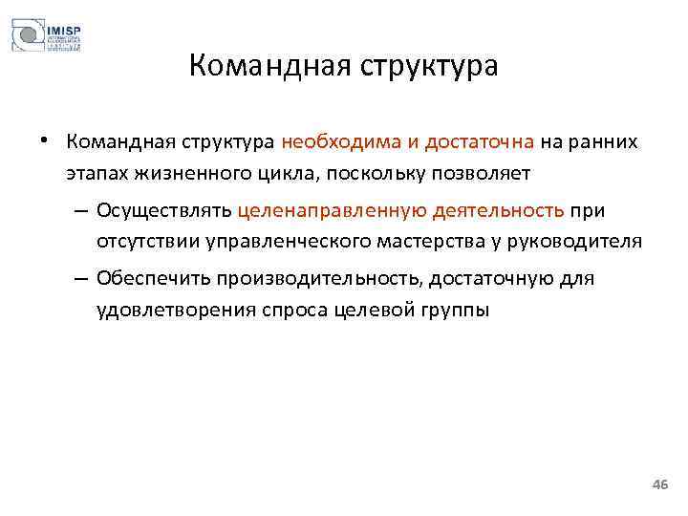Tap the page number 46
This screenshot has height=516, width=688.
coord(659,485)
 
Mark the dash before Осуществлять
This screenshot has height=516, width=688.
coord(78,210)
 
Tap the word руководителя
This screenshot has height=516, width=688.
coord(583,241)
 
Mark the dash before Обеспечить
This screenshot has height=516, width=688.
coord(78,279)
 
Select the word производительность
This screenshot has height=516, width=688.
coord(319,279)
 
